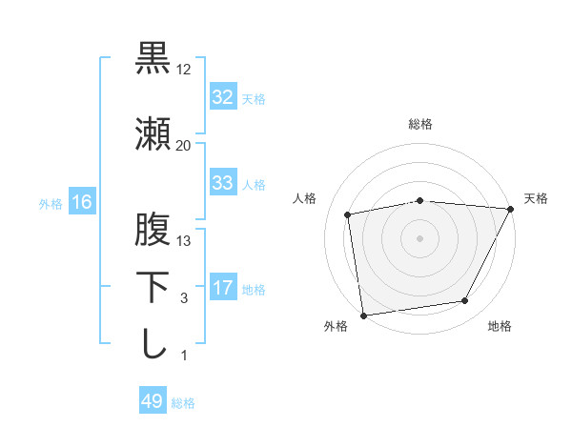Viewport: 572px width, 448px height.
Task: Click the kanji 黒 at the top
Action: (x=153, y=58)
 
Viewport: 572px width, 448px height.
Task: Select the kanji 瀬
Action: (x=153, y=133)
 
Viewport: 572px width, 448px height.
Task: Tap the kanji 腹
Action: (x=153, y=230)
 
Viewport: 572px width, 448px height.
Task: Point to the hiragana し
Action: (x=153, y=343)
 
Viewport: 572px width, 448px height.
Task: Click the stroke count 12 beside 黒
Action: (x=184, y=70)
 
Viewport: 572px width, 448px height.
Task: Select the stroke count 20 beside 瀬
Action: (x=184, y=145)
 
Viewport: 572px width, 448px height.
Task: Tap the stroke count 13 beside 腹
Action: (x=184, y=241)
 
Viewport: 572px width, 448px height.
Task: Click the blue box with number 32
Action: (x=222, y=97)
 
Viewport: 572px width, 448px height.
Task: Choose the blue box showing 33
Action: (x=222, y=183)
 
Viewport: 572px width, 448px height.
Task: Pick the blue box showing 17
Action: (x=222, y=288)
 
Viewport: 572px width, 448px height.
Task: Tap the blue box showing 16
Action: (x=81, y=202)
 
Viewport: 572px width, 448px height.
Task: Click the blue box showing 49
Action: (x=152, y=402)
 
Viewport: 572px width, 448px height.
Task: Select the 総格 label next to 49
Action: (x=183, y=403)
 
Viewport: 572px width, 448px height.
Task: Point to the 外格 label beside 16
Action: (x=51, y=203)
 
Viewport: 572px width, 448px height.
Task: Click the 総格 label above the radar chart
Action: (x=420, y=124)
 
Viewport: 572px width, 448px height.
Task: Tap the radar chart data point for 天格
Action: (x=510, y=210)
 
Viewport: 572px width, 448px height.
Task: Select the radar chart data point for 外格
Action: (x=363, y=315)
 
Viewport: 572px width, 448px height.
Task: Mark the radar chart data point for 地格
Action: (x=465, y=301)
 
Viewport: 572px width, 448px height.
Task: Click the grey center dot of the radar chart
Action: (x=419, y=237)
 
